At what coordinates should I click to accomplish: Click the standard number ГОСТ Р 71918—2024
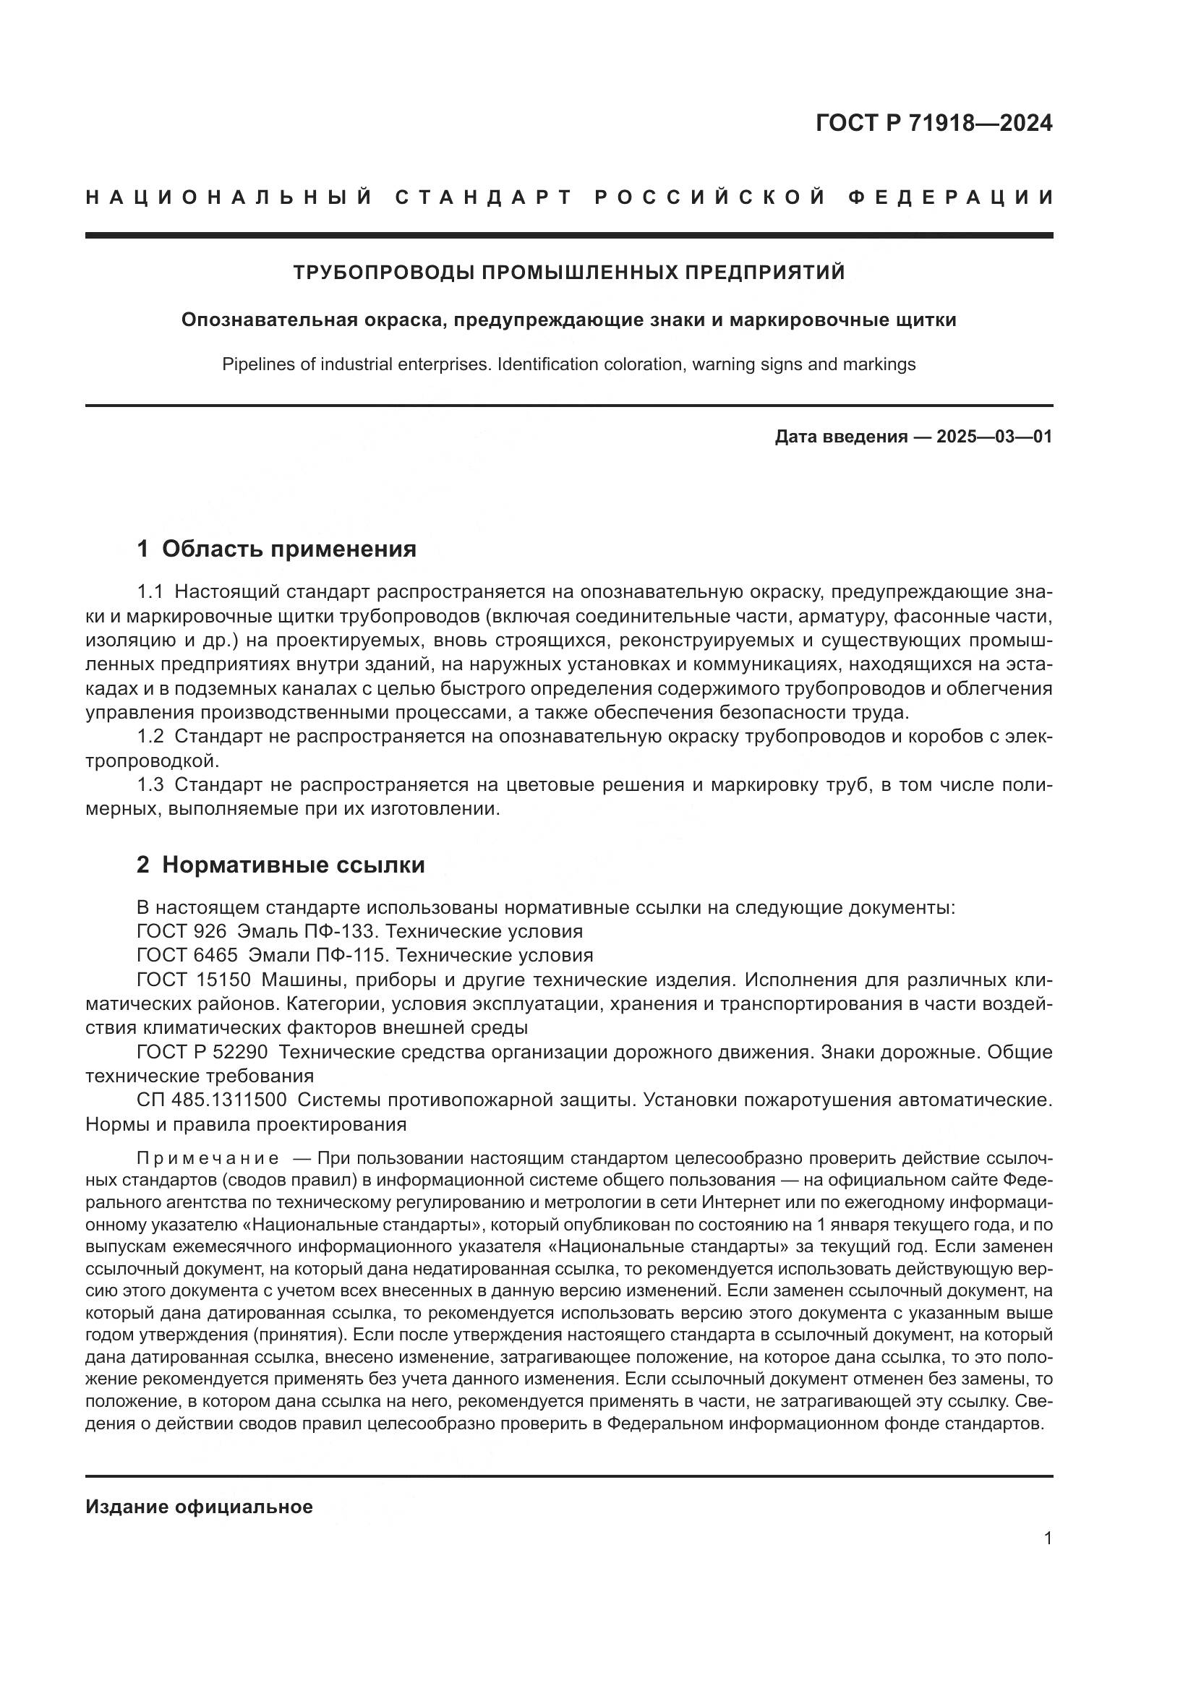tap(934, 123)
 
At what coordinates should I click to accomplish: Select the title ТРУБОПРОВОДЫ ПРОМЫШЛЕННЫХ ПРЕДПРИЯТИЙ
tap(568, 273)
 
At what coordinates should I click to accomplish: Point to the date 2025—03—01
tap(994, 437)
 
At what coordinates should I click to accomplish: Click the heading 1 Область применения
tap(276, 549)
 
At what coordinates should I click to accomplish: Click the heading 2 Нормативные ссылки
tap(281, 865)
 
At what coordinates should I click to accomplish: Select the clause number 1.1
tap(150, 592)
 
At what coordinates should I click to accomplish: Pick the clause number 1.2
tap(150, 737)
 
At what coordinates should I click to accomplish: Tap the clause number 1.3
tap(150, 785)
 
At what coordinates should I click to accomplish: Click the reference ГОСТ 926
tap(181, 932)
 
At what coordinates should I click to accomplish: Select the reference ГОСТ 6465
tap(187, 956)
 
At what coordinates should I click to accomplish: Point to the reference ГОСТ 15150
tap(194, 980)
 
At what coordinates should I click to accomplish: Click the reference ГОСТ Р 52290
tap(202, 1053)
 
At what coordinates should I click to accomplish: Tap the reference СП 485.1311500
tap(211, 1100)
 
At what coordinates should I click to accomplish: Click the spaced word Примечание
tap(208, 1158)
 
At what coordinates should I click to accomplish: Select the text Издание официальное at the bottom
tap(199, 1507)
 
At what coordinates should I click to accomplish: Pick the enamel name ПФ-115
tap(350, 956)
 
